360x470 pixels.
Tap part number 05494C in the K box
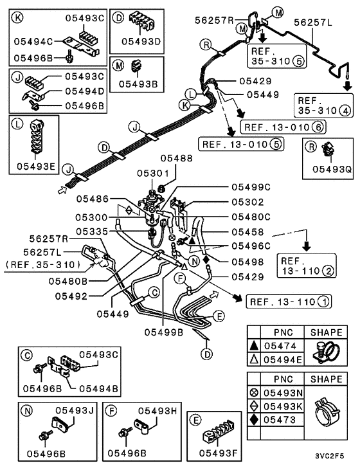(x=34, y=41)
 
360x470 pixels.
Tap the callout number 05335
(x=91, y=230)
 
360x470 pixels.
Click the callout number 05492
(x=71, y=296)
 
